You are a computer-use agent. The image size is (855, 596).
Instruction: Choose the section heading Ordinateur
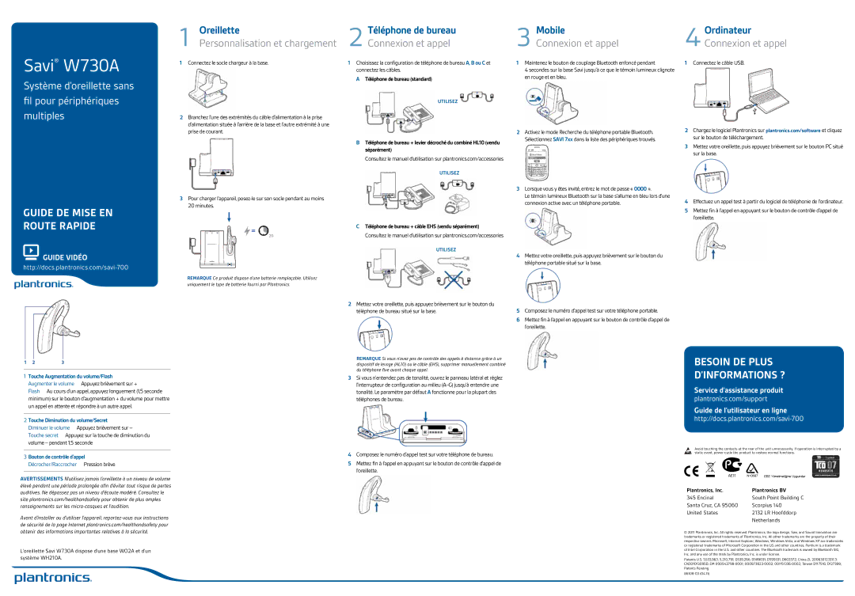pos(728,29)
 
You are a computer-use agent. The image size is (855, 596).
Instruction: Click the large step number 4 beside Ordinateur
pos(693,36)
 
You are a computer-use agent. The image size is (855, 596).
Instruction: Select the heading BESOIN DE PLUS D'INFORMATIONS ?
pos(739,368)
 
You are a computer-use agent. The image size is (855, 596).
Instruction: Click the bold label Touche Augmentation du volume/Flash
pos(70,376)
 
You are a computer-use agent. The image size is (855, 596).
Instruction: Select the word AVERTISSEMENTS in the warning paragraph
pos(41,479)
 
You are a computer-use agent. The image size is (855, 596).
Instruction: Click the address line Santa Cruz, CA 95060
pos(712,505)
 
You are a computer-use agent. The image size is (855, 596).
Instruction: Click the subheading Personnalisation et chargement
pos(268,44)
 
